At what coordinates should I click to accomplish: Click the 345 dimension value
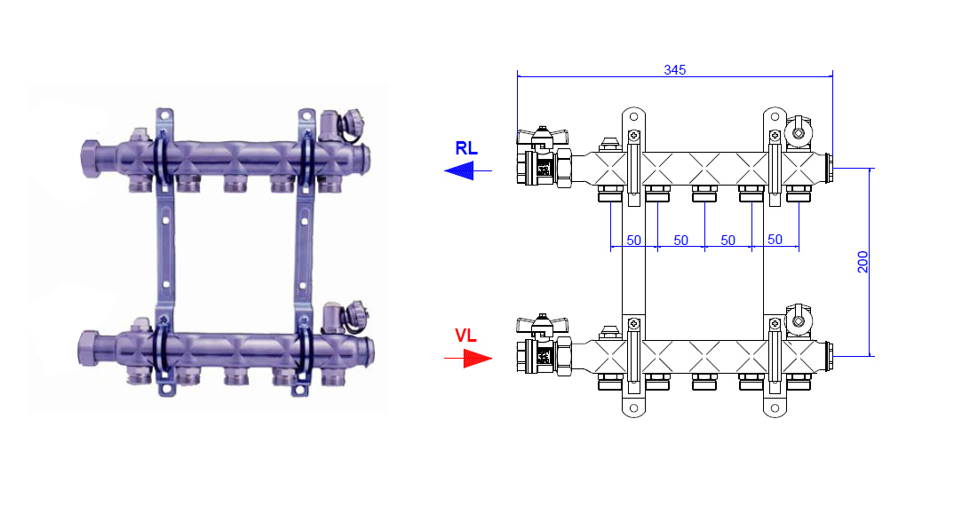coord(675,70)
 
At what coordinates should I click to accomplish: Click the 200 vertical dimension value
coord(863,262)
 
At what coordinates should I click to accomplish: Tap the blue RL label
coord(466,148)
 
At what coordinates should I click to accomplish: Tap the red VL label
coord(466,336)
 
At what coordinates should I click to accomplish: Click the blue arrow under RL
coord(468,171)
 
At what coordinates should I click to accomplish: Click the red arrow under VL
coord(468,359)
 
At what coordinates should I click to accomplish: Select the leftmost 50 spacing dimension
coord(634,241)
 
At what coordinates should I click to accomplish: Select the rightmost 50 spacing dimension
coord(775,240)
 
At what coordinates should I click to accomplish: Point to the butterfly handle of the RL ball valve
coord(543,134)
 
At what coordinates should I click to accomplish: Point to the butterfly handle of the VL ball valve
coord(543,322)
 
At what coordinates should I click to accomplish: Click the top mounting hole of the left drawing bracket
coord(633,116)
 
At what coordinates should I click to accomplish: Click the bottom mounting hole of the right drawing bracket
coord(775,408)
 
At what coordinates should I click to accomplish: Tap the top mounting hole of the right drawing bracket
coord(775,116)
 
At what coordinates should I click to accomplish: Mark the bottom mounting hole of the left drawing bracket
coord(633,408)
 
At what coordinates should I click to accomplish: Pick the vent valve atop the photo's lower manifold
coord(343,318)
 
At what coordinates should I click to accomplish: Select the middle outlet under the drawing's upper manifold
coord(704,194)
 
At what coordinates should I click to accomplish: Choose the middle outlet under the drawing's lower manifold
coord(704,382)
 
